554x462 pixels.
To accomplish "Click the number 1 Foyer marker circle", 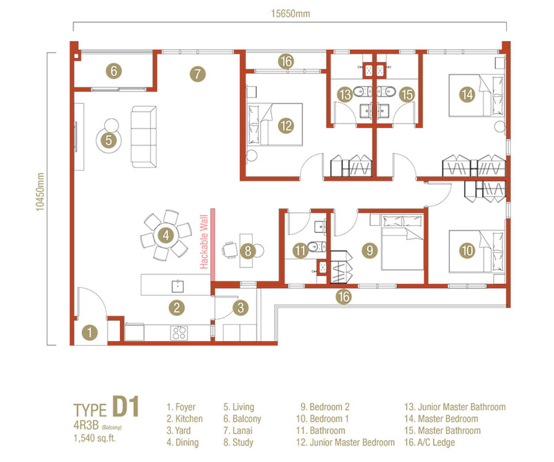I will tap(90, 332).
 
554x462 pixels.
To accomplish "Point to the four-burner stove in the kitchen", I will tap(179, 333).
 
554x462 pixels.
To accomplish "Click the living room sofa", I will tap(144, 137).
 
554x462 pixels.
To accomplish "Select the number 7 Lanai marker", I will tap(197, 73).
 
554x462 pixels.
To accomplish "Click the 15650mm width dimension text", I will tap(290, 14).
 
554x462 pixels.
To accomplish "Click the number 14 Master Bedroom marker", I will tap(468, 95).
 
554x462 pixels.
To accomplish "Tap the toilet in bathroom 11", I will tap(318, 247).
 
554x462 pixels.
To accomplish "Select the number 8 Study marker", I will tap(248, 251).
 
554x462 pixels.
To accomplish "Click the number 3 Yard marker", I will tap(241, 307).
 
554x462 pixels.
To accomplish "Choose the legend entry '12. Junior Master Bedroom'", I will tap(345, 442).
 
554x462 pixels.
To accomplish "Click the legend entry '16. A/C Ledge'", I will tap(429, 442).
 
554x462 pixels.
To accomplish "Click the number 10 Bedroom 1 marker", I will tap(468, 251).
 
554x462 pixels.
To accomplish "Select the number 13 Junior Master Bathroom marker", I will tap(345, 95).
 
